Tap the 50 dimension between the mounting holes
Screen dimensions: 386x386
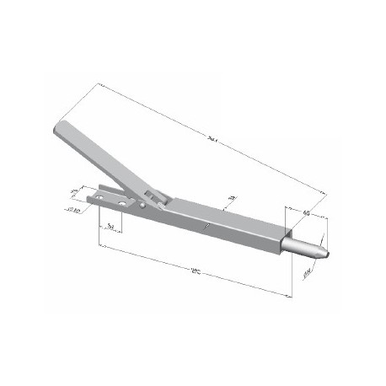111,226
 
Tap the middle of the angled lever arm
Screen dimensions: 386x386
105,160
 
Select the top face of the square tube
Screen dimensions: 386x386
228,216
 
